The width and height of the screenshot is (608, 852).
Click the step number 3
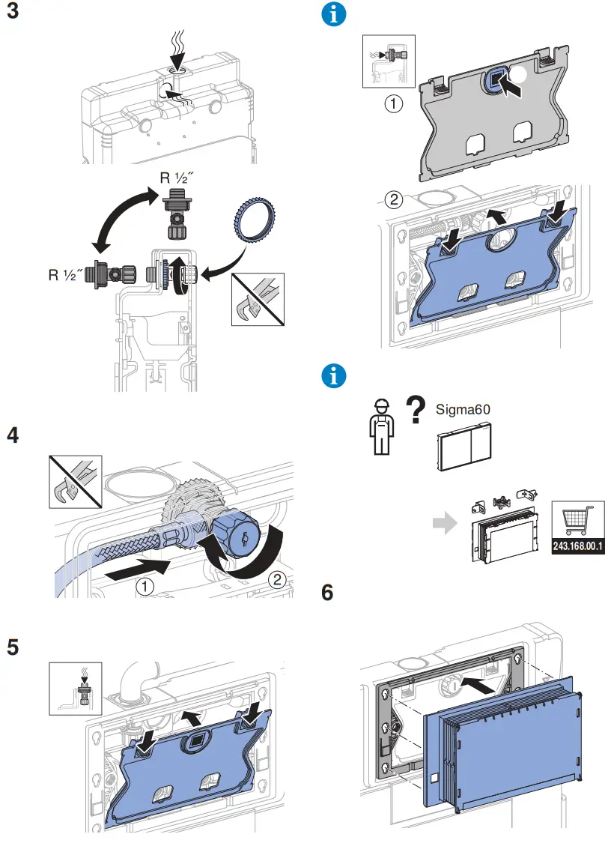click(13, 14)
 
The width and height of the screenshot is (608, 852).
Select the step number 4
click(13, 435)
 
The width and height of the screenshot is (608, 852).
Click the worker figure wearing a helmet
click(381, 425)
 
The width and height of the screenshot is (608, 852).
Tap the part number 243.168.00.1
click(577, 547)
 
